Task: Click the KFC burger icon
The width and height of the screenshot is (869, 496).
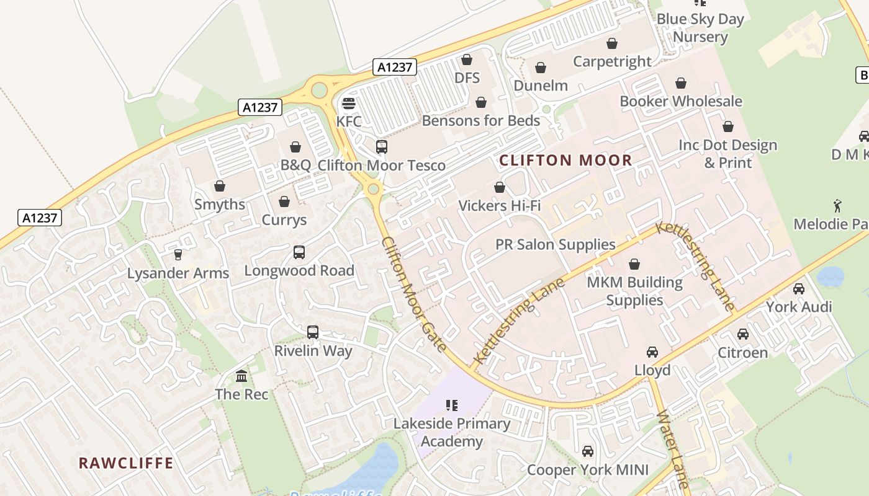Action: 349,103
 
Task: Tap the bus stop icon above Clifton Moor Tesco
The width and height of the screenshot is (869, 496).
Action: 382,147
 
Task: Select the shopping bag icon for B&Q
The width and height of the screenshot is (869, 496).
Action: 295,147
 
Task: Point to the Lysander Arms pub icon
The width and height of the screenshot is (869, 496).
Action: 178,254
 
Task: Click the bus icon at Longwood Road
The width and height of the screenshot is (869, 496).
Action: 299,252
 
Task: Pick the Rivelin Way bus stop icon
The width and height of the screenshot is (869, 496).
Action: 313,332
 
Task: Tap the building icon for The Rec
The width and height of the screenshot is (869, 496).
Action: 241,376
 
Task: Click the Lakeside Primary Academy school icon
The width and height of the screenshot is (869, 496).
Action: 452,405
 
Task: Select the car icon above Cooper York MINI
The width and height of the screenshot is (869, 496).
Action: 588,451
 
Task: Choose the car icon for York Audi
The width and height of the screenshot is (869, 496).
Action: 799,288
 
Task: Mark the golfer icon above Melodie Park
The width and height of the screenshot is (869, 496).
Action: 837,205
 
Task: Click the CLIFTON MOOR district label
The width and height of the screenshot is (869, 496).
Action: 565,160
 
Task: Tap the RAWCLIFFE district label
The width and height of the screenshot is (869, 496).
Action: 126,463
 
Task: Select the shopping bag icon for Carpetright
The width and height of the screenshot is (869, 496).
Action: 612,43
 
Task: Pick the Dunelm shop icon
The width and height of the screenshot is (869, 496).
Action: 541,68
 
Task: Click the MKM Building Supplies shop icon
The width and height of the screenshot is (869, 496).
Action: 634,265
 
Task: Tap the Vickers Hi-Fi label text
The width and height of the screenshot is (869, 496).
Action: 500,205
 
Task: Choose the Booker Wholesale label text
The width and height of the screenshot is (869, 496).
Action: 681,101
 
